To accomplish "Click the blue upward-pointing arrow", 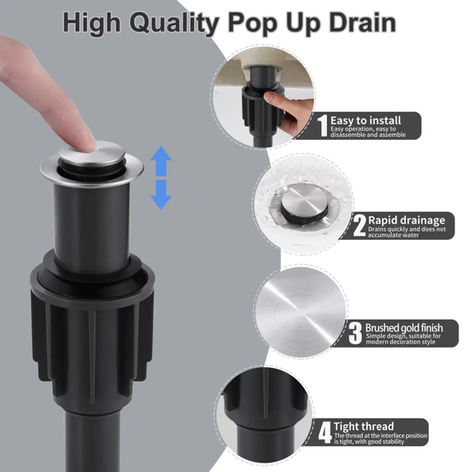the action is [161, 161].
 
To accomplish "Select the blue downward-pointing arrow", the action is [161, 195].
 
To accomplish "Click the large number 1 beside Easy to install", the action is [323, 125].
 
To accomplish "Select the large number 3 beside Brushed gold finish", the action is [355, 333].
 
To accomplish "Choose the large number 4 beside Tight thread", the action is [325, 432].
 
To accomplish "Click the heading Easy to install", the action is [366, 120].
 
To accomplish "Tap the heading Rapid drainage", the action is [407, 220].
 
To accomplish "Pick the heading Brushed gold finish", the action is [404, 328].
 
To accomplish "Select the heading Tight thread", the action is [364, 426].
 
